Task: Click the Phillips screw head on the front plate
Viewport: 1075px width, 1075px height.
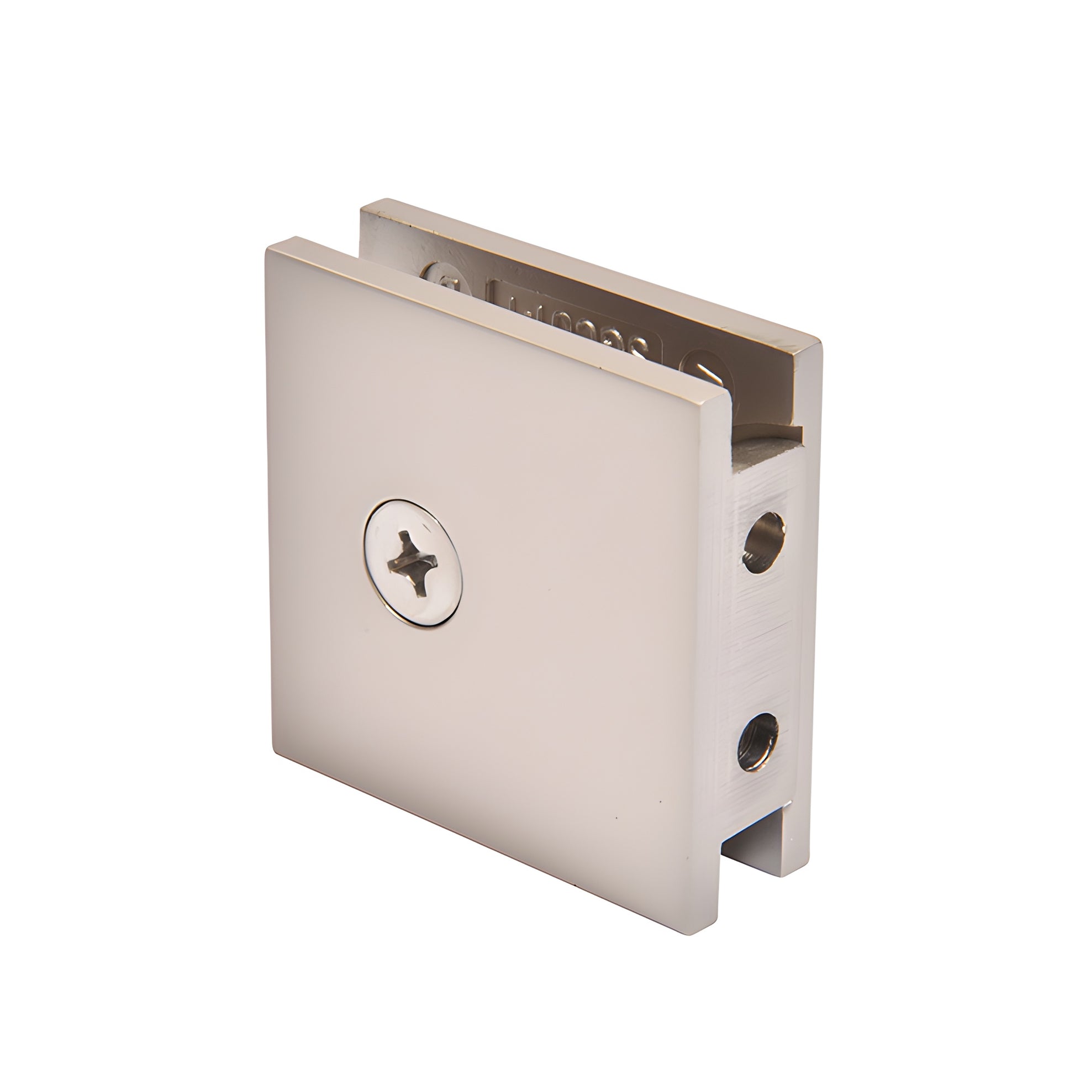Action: point(413,562)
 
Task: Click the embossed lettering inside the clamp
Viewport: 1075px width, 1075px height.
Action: point(573,320)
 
